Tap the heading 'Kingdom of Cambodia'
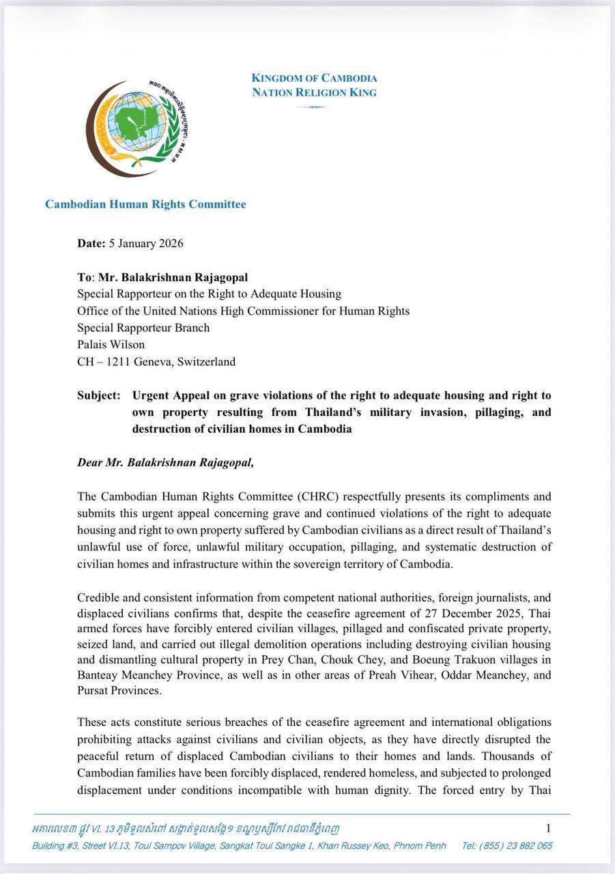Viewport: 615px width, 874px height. (x=314, y=78)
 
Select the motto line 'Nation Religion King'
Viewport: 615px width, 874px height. (x=314, y=92)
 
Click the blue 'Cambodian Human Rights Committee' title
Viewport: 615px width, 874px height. (x=145, y=204)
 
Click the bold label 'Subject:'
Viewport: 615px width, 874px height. (x=99, y=396)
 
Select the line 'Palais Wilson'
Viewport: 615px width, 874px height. (x=111, y=345)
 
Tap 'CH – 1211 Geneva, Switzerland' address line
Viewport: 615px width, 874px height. (x=156, y=362)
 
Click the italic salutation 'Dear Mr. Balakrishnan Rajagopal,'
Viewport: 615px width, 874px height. (x=165, y=462)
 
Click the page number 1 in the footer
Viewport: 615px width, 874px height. (x=548, y=828)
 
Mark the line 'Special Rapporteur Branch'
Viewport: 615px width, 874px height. (x=143, y=328)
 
